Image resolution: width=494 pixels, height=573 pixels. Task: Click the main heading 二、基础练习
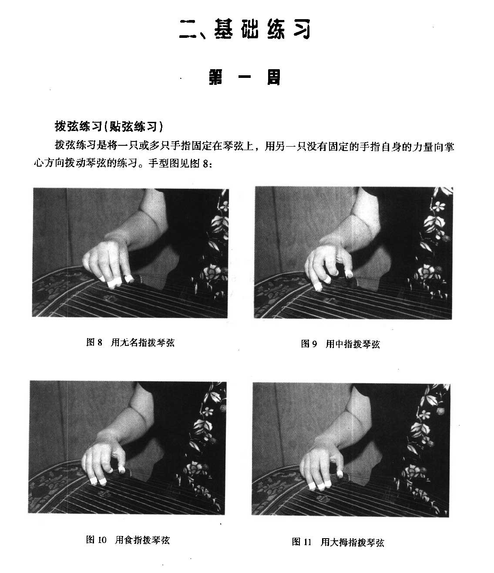(x=245, y=29)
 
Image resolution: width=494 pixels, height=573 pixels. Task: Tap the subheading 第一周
(x=245, y=77)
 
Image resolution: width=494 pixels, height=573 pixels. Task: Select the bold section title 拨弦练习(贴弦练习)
(x=109, y=127)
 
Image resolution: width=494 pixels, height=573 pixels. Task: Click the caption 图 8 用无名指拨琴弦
(x=130, y=343)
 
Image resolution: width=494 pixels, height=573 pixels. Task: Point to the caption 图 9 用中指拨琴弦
(x=340, y=344)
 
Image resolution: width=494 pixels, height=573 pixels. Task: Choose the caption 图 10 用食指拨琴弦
(x=128, y=540)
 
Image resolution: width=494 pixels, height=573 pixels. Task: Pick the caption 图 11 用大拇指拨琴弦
(x=338, y=542)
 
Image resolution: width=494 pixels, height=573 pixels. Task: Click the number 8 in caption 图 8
(x=100, y=343)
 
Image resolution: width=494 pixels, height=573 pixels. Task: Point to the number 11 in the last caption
(x=308, y=542)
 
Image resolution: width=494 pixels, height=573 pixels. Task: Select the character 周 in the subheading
(x=274, y=77)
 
